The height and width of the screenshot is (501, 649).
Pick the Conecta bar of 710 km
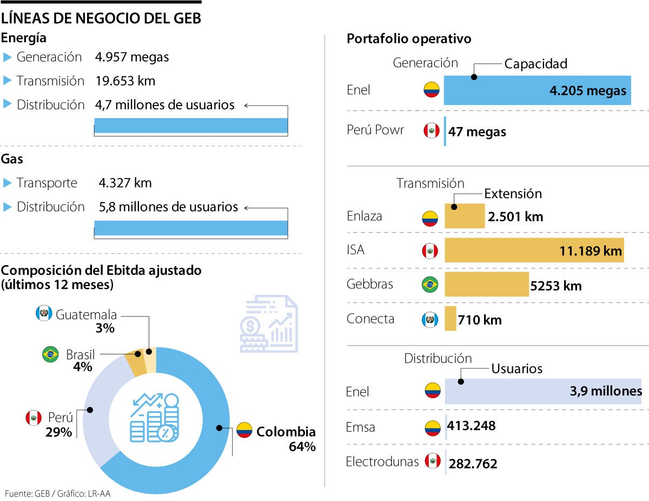pyautogui.click(x=451, y=319)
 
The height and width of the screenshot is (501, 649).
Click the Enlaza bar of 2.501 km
pyautogui.click(x=465, y=216)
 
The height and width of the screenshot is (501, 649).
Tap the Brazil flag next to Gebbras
pyautogui.click(x=430, y=285)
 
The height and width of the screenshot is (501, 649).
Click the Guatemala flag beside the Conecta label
pyautogui.click(x=430, y=320)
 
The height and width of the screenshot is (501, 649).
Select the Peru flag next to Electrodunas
pyautogui.click(x=432, y=461)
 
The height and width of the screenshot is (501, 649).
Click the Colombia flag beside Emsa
pyautogui.click(x=432, y=427)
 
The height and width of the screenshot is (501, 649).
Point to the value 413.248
pyautogui.click(x=472, y=426)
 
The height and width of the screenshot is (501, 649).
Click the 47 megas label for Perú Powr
pyautogui.click(x=477, y=131)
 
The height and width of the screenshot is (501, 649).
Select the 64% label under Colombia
pyautogui.click(x=302, y=447)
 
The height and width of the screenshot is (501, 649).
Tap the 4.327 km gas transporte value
pyautogui.click(x=125, y=183)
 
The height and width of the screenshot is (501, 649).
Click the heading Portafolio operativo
pyautogui.click(x=408, y=39)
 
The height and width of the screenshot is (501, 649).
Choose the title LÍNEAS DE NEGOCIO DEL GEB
pyautogui.click(x=101, y=18)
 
